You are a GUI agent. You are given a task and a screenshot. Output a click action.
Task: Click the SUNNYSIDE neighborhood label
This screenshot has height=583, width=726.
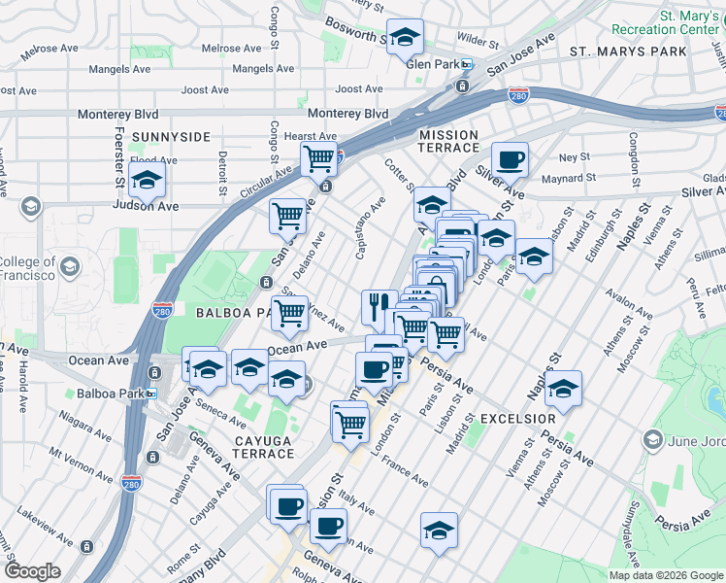(x=171, y=137)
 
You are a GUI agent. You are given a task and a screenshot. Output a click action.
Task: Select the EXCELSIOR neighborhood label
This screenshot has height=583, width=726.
(x=517, y=418)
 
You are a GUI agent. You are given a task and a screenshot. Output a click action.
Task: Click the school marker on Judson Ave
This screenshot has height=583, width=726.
(x=147, y=180)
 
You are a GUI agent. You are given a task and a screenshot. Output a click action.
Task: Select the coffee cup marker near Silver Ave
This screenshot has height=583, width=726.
(x=510, y=159)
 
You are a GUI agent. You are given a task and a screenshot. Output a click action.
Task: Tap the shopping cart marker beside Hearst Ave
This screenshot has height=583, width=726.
(x=318, y=157)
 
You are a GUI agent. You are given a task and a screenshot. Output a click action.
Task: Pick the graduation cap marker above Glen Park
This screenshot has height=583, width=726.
(x=405, y=38)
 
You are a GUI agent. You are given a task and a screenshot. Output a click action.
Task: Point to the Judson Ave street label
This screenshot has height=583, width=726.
(x=154, y=206)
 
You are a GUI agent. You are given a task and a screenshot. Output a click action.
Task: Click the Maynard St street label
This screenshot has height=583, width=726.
(x=568, y=178)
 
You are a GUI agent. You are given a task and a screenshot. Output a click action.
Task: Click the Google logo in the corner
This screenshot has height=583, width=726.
(x=32, y=571)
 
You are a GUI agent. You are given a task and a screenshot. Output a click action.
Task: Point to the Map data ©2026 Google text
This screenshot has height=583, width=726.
(x=665, y=575)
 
